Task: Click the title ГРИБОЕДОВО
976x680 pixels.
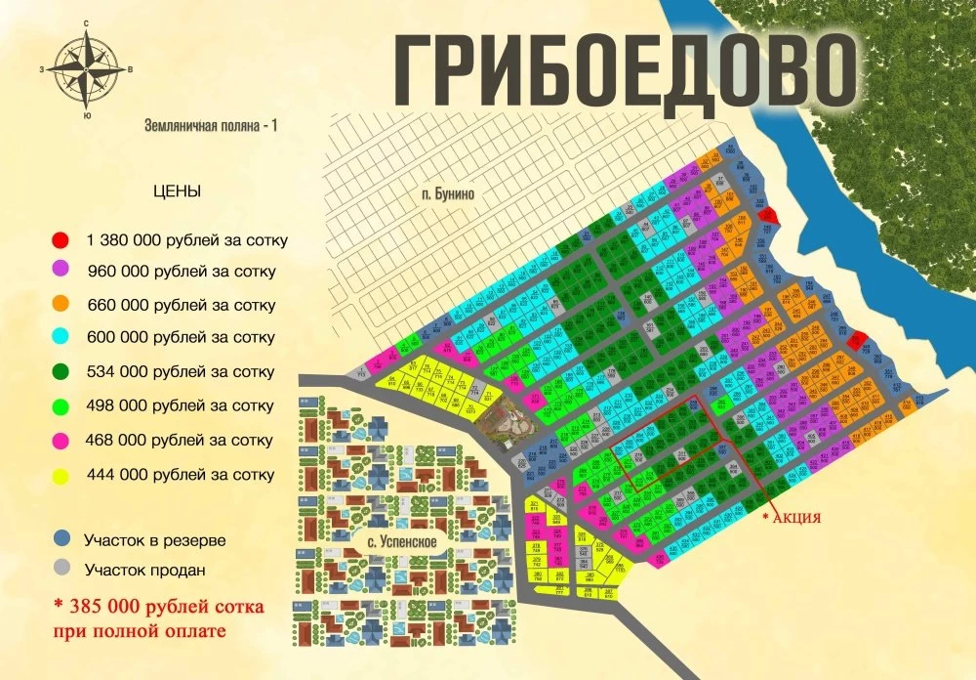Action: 625,71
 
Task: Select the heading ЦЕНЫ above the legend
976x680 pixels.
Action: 177,191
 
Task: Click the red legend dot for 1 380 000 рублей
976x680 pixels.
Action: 61,239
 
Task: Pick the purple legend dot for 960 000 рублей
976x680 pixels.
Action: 61,272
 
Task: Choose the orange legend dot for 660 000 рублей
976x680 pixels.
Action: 61,305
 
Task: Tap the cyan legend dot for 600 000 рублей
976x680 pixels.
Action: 61,338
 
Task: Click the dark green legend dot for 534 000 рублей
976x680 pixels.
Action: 61,372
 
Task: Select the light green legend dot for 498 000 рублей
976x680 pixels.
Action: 61,405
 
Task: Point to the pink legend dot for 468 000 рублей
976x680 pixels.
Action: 61,440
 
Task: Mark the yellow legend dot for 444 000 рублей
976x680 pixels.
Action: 61,475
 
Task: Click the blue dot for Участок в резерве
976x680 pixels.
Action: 61,539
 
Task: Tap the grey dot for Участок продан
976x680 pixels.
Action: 61,569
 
